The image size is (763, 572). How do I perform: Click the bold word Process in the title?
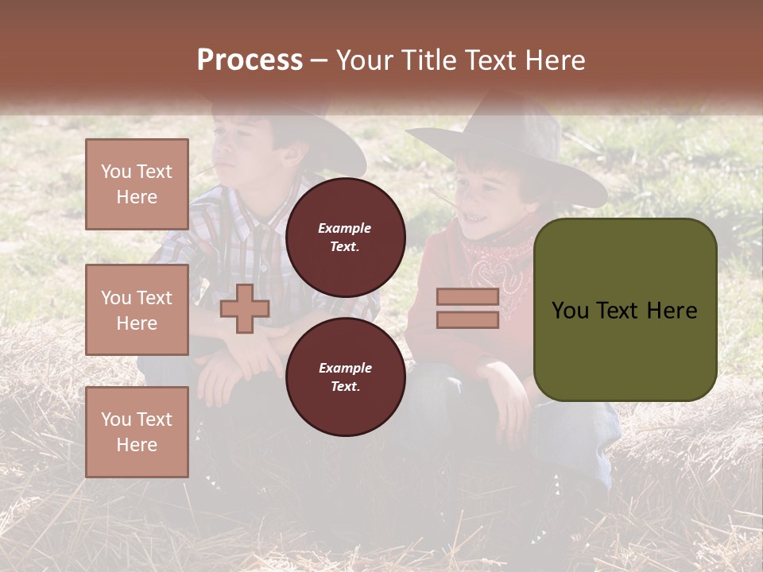[x=250, y=60]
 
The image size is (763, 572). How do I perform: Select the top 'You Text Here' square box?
[x=137, y=184]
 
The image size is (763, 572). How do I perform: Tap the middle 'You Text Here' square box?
[x=137, y=310]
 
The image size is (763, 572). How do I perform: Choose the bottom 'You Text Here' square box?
[x=137, y=432]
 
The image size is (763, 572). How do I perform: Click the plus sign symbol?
[x=245, y=308]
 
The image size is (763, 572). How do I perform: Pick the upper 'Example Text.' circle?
[x=345, y=238]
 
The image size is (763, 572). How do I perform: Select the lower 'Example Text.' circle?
[x=345, y=377]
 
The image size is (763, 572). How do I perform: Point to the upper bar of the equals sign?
[x=467, y=297]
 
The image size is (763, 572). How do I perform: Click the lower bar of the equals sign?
[x=467, y=320]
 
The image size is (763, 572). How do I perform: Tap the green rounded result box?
[x=625, y=310]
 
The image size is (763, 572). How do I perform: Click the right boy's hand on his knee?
[x=505, y=389]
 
